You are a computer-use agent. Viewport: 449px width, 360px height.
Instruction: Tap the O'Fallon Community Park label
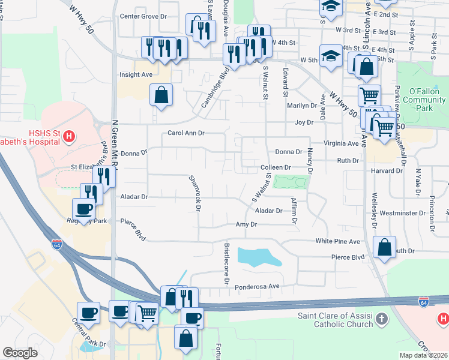click(425, 100)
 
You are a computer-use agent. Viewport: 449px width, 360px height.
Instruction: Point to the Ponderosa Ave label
click(258, 287)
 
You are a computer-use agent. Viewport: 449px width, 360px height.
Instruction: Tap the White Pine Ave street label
click(338, 241)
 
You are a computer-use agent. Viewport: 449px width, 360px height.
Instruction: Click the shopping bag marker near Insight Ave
click(161, 94)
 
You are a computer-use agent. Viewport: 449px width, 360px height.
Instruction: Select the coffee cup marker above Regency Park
click(83, 209)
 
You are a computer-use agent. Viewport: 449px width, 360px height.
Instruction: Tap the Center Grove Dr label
click(143, 16)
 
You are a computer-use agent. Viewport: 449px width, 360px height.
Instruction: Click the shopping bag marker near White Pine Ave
click(384, 247)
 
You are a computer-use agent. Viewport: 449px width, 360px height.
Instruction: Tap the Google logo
click(20, 353)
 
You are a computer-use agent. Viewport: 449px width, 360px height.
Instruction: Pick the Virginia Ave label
click(340, 144)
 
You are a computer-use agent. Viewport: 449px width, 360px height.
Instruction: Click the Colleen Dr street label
click(276, 167)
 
